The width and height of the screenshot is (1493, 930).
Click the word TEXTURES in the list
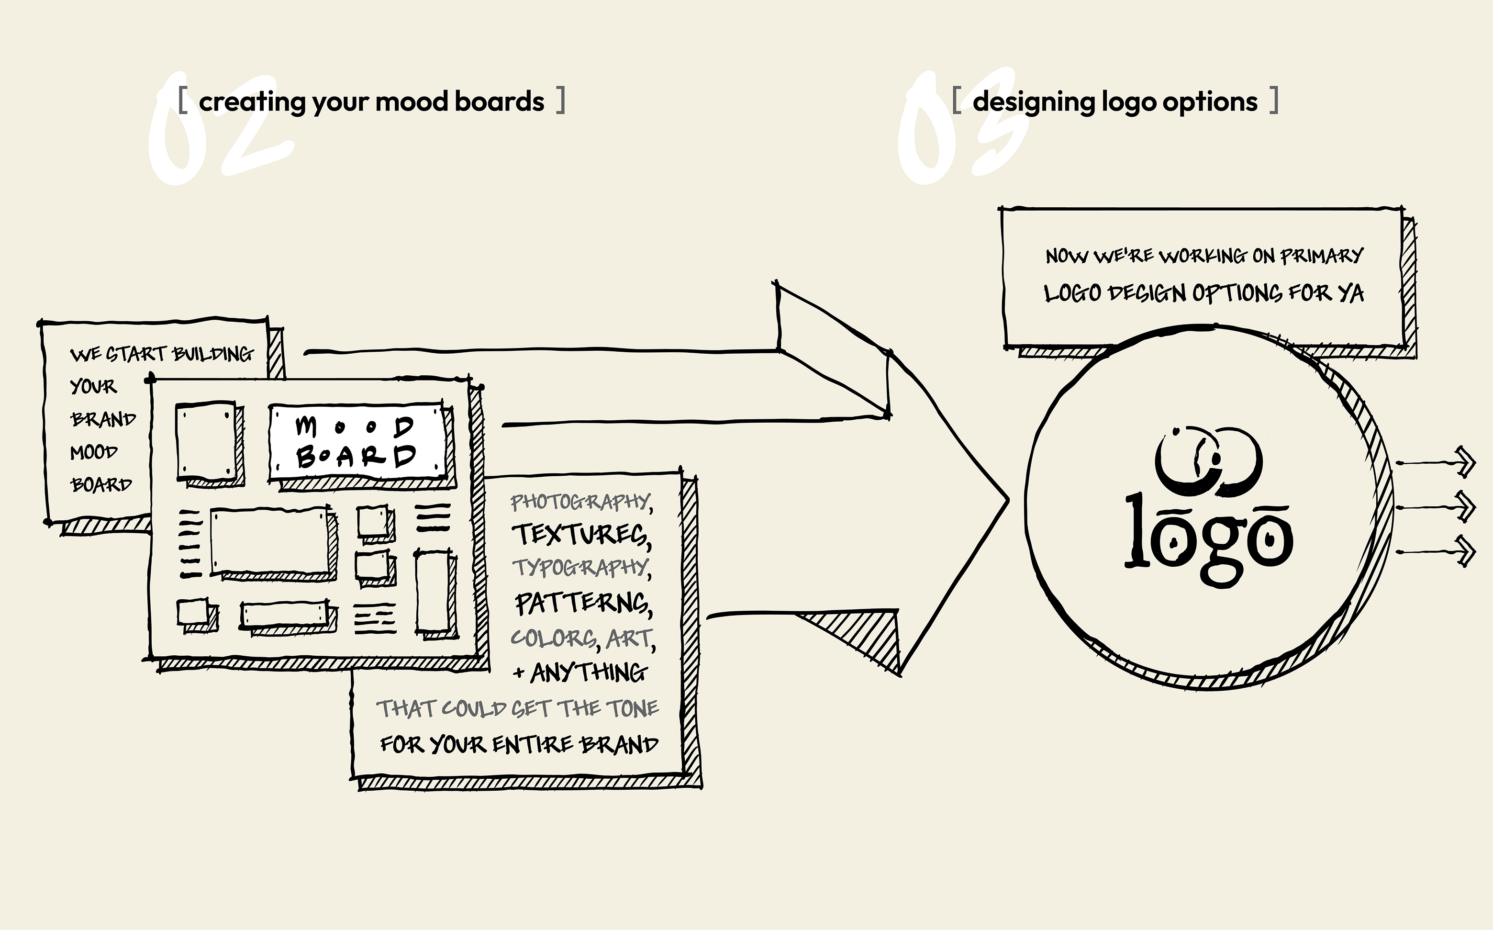581,535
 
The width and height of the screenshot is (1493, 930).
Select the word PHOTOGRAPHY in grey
580,502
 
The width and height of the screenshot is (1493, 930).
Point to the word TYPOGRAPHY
580,568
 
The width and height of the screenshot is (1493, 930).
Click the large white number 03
962,129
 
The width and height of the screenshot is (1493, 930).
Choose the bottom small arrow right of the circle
1436,552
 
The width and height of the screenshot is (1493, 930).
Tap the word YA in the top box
1350,293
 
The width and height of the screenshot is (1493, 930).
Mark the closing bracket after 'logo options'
1274,101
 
